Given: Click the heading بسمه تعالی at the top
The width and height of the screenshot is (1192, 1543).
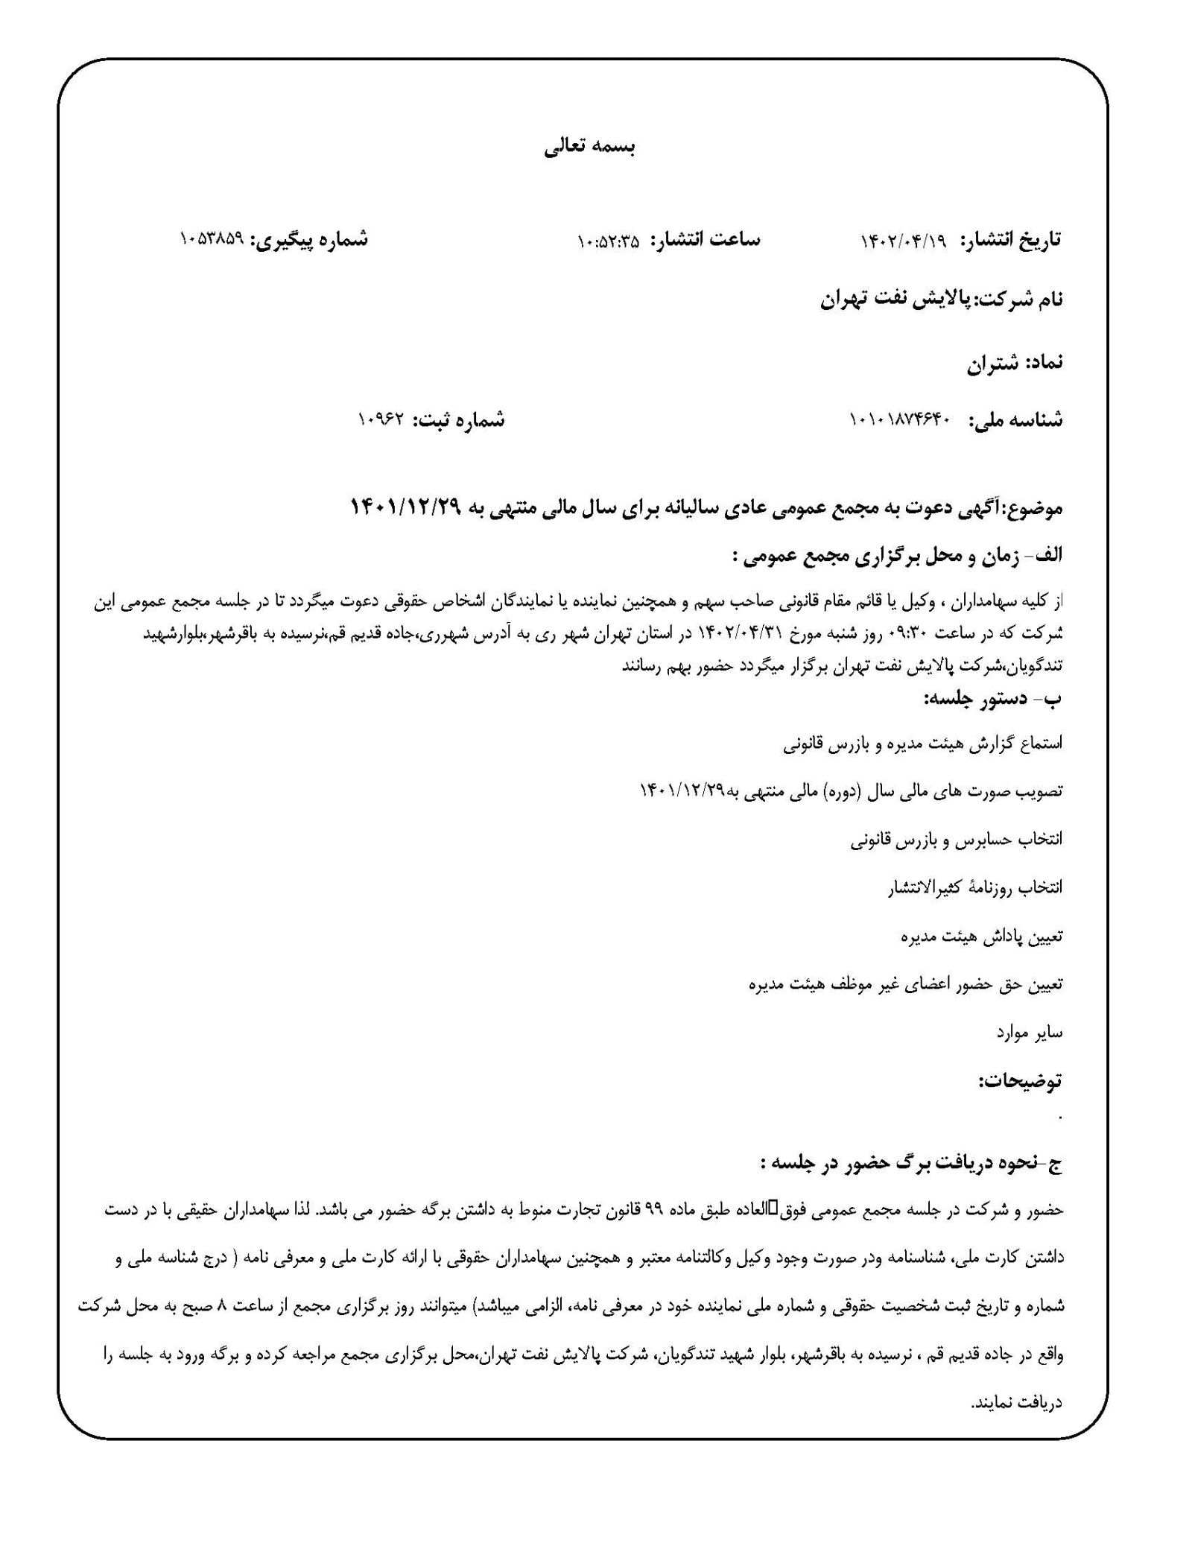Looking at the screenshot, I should tap(589, 148).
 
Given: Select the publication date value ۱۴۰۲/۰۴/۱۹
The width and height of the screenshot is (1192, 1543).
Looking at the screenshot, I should tap(902, 241).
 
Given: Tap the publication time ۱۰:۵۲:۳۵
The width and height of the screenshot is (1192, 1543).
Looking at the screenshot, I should tap(608, 241).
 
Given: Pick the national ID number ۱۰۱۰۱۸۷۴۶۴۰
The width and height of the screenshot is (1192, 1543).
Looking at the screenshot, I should tap(899, 421).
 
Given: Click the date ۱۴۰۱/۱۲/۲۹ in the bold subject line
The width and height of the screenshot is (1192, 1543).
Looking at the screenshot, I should tap(407, 508).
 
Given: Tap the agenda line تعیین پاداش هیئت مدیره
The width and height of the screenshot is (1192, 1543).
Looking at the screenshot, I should tap(981, 937).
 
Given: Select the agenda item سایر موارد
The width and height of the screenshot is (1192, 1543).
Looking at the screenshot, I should tap(1029, 1033).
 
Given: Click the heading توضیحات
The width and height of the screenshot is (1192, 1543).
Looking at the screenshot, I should tap(1020, 1081).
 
